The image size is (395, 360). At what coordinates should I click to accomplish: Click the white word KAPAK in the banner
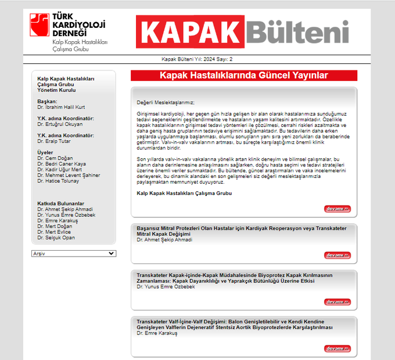click(x=190, y=31)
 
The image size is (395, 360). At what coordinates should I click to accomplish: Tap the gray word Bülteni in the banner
click(x=297, y=31)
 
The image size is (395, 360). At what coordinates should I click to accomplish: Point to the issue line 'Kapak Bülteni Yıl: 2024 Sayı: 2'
click(x=197, y=59)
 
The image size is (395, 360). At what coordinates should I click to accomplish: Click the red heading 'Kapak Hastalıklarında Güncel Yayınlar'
click(x=244, y=76)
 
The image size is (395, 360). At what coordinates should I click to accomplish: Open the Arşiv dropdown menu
click(x=74, y=254)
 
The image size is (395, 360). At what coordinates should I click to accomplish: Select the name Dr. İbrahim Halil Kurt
click(x=61, y=107)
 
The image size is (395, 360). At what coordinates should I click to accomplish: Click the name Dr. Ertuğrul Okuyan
click(x=60, y=124)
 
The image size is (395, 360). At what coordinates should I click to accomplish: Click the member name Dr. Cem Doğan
click(x=54, y=158)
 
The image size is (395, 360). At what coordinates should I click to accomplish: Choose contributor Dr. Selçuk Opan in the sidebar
click(x=56, y=238)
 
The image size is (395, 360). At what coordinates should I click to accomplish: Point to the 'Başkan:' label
click(x=47, y=101)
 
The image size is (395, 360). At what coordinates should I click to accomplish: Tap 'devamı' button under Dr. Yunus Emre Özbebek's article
click(x=337, y=302)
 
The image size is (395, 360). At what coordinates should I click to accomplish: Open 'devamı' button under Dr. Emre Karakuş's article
click(x=337, y=348)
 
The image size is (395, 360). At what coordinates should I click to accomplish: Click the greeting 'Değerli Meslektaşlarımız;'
click(x=166, y=102)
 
